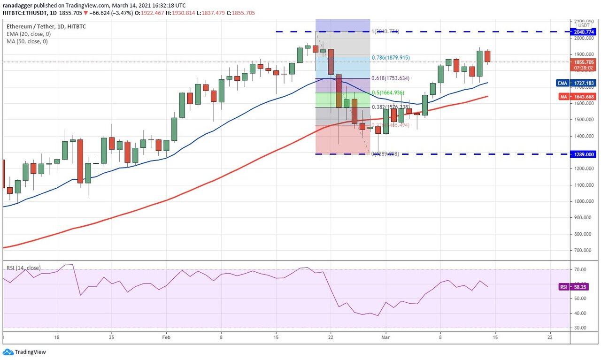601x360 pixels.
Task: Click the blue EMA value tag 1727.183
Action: click(x=584, y=83)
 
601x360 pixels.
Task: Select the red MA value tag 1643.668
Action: click(x=584, y=97)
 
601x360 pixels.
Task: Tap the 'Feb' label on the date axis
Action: click(x=166, y=337)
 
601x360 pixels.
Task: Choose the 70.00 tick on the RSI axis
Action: click(x=579, y=270)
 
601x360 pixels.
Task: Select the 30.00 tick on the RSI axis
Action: click(x=579, y=328)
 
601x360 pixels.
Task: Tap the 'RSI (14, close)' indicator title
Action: click(x=23, y=268)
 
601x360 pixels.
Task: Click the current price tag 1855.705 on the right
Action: click(x=584, y=62)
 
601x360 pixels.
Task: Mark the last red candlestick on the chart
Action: click(x=487, y=56)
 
